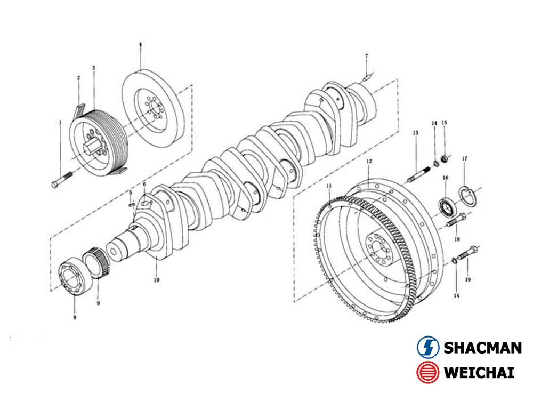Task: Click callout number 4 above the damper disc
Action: click(x=140, y=46)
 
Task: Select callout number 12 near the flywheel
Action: click(x=368, y=161)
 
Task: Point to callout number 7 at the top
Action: click(x=366, y=56)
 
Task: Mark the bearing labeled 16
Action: click(x=446, y=205)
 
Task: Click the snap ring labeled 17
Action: click(x=467, y=197)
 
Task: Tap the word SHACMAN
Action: click(x=482, y=348)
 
